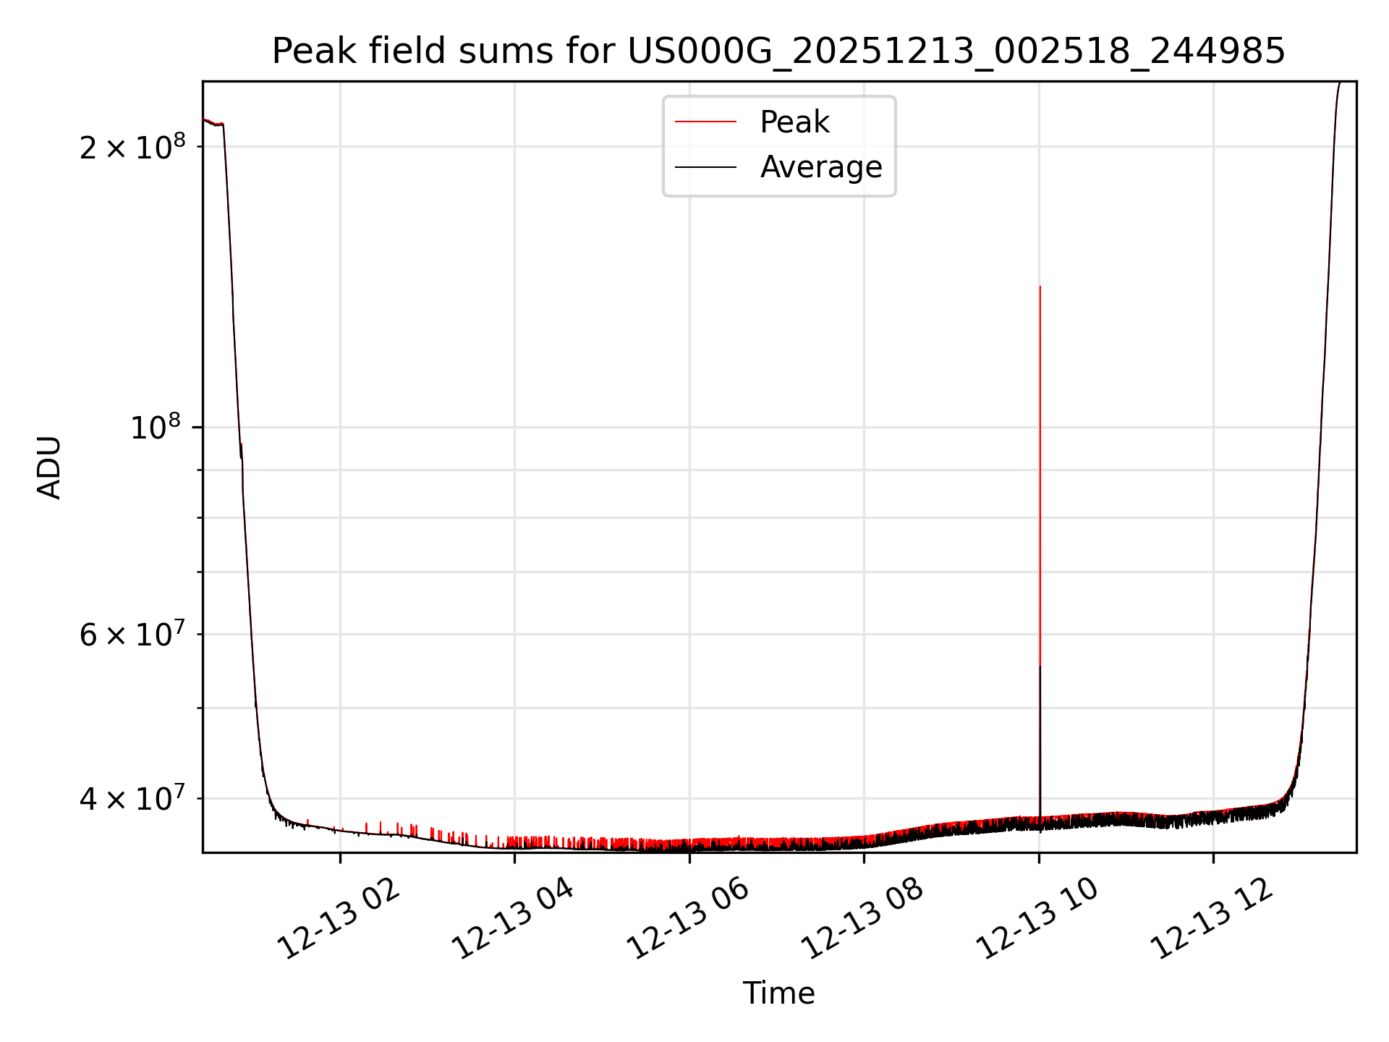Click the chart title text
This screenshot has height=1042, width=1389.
778,51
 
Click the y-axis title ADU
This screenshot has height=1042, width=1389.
49,467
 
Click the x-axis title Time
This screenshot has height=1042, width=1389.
778,994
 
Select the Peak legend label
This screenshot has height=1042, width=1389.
794,122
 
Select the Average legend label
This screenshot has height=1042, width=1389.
821,167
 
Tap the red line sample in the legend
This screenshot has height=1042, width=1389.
705,122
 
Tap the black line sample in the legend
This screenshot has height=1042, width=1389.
705,167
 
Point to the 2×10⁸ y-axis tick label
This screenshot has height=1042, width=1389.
132,147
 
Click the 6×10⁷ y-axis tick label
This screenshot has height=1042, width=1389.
132,635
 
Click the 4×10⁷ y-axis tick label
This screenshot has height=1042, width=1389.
132,799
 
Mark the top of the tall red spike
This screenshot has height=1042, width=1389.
1040,287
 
